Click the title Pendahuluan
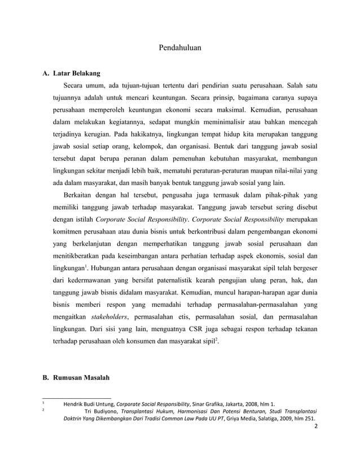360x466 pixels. tap(180, 48)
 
